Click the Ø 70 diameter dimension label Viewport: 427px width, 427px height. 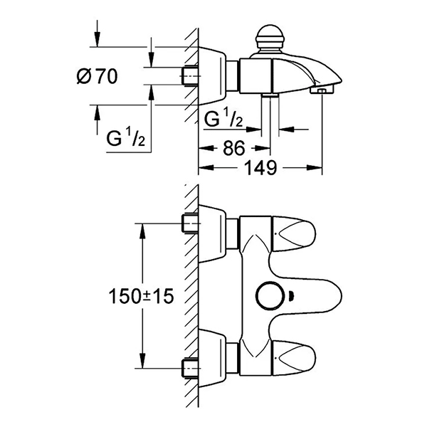pos(97,76)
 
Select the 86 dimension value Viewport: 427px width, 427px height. pos(234,149)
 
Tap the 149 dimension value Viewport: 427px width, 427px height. pos(261,168)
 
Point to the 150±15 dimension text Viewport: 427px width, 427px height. pos(141,296)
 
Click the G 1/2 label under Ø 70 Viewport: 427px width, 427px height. pos(125,138)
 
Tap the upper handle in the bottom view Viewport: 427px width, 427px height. pos(294,234)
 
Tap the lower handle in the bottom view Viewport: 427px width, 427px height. pos(294,358)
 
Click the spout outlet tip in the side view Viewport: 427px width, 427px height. pos(322,90)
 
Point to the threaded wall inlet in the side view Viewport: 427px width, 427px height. pos(189,76)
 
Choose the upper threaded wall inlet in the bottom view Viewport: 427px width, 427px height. pos(190,223)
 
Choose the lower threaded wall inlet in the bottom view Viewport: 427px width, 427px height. pos(190,368)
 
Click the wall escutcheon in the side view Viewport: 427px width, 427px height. pos(212,75)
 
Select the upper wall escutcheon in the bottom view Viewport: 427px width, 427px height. pos(212,233)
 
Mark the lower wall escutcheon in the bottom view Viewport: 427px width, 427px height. pos(212,359)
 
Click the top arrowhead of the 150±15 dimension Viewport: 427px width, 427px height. pos(142,231)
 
